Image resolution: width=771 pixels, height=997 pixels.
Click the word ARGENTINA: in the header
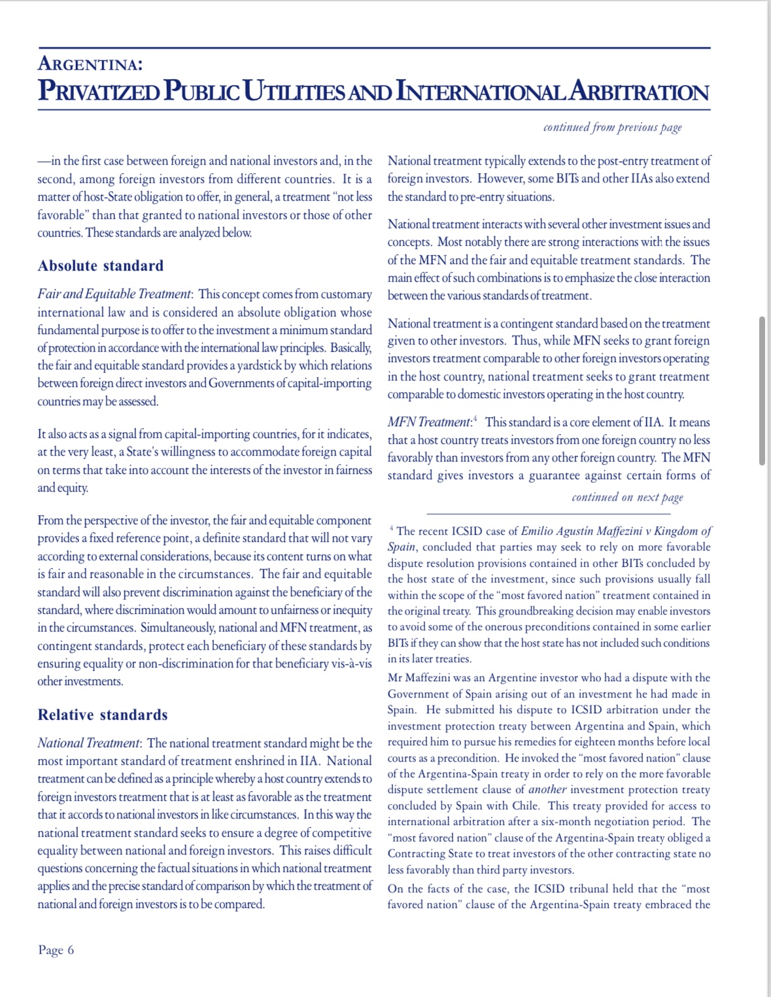click(90, 64)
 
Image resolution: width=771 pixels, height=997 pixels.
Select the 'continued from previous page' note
click(612, 127)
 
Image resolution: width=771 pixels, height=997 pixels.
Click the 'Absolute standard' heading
click(101, 265)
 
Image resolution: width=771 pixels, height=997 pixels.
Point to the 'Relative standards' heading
click(103, 715)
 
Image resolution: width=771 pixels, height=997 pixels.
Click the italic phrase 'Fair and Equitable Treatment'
click(114, 294)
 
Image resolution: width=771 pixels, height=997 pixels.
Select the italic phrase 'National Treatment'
click(88, 743)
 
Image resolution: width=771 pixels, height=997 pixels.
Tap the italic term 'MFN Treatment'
click(429, 422)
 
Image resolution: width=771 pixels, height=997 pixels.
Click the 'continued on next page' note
click(627, 498)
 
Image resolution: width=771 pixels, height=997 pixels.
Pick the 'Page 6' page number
click(56, 950)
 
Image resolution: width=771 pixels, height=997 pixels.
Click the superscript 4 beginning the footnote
click(391, 528)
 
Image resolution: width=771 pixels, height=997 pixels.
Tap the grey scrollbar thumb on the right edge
click(762, 391)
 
